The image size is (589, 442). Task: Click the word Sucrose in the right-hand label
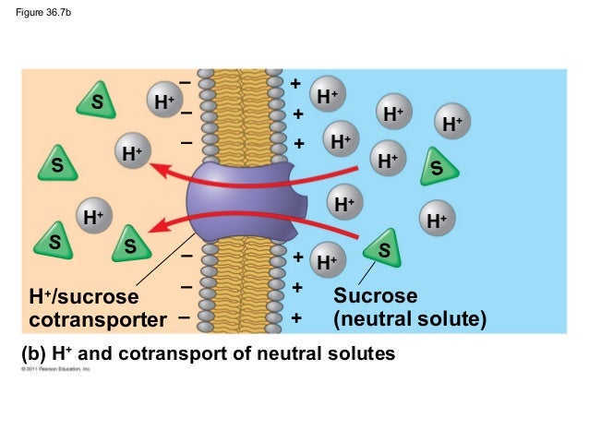click(375, 296)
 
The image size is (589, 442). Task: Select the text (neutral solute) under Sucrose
click(408, 319)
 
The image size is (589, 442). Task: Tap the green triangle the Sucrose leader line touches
click(382, 247)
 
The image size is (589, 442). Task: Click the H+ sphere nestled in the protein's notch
click(344, 202)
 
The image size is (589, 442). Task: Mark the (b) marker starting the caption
click(32, 352)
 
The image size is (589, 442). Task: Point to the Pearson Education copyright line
click(55, 369)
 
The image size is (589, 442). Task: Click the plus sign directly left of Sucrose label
click(296, 288)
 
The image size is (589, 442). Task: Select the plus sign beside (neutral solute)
click(296, 318)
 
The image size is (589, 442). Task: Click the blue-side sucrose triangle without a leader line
click(437, 169)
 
